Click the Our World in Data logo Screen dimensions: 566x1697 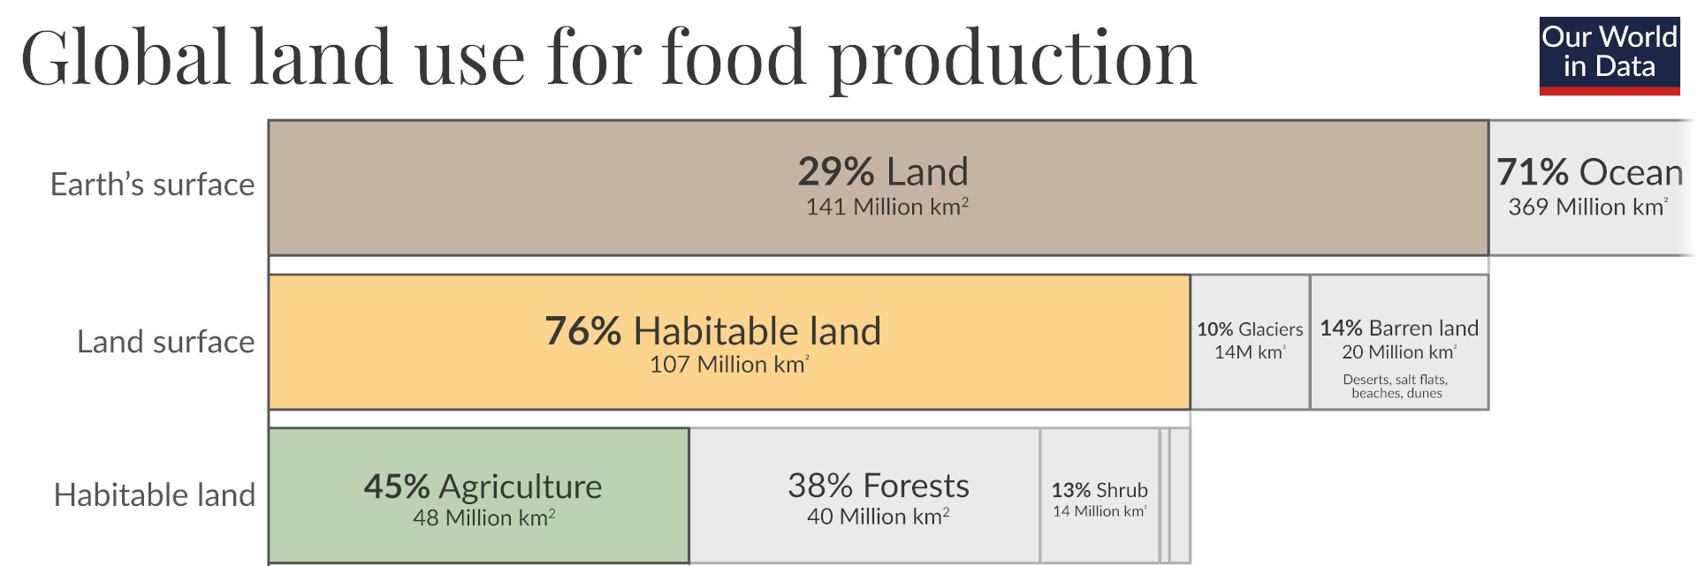1609,55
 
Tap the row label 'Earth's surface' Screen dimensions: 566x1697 152,185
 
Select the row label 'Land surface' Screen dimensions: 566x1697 165,342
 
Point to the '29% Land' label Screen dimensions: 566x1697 883,171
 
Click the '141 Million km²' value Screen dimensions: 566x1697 887,207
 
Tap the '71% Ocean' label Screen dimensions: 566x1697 1589,172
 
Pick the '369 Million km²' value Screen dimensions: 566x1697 1587,207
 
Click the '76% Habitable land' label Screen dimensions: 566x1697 712,331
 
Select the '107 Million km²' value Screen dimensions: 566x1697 729,365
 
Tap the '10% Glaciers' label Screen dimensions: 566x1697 1250,329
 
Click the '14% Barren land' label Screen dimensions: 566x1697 1399,328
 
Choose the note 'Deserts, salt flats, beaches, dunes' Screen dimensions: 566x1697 1396,387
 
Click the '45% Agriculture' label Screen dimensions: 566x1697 483,487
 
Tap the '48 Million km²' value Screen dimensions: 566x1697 483,517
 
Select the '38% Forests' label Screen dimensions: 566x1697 878,486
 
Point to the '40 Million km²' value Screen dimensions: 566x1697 878,517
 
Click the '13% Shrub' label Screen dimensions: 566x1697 1100,490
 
